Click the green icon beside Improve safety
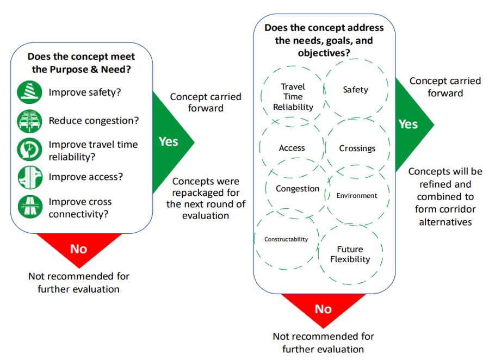point(29,92)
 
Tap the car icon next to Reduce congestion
point(29,120)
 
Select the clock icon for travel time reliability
point(29,150)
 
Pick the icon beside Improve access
point(29,177)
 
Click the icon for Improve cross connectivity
point(29,207)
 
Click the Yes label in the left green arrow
point(169,141)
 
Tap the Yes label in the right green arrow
point(408,124)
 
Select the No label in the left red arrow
point(78,249)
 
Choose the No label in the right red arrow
point(323,309)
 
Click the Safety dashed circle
point(356,90)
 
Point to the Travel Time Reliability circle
point(293,97)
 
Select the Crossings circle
point(357,148)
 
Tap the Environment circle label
point(356,196)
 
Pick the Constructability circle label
point(286,239)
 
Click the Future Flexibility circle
point(350,255)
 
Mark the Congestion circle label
point(298,189)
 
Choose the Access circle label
point(292,148)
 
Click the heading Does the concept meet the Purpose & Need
point(81,63)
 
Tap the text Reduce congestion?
point(94,121)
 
